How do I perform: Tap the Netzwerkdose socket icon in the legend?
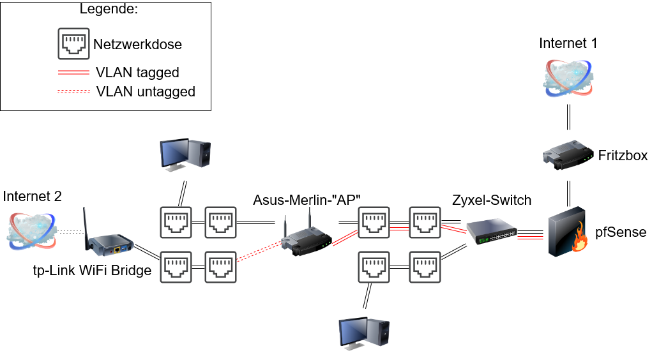[73, 44]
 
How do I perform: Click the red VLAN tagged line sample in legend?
[73, 72]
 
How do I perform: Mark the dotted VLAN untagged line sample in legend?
[73, 91]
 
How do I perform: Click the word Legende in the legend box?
[108, 10]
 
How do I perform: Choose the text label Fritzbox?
[623, 156]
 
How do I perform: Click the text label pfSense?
[621, 232]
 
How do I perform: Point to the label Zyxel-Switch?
[491, 200]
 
